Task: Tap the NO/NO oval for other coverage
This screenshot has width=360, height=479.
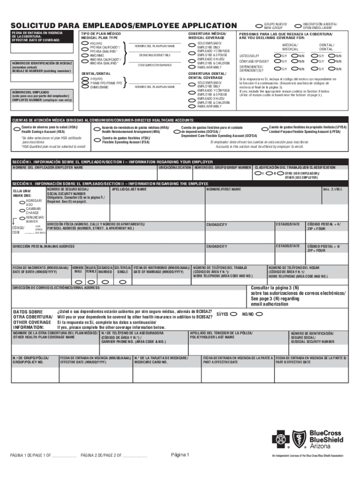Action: (x=259, y=314)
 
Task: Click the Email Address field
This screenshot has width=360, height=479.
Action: (x=126, y=296)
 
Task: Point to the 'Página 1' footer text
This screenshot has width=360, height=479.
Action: (x=180, y=455)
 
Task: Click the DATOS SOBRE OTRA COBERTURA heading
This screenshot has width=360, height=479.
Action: (x=32, y=319)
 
